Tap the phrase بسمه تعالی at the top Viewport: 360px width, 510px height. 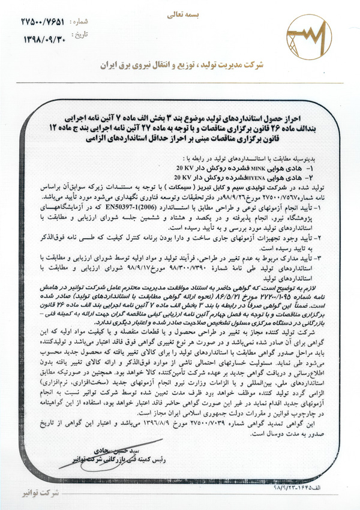pos(179,11)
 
